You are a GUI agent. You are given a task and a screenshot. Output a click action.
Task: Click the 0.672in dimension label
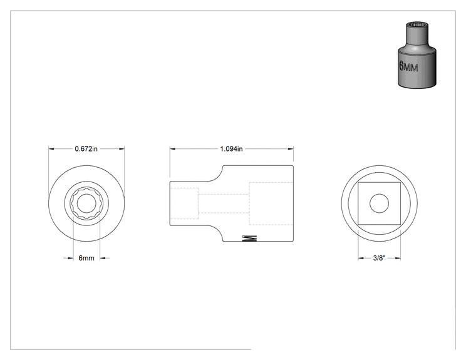pos(86,149)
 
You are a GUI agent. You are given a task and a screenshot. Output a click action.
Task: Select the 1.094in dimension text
pos(231,149)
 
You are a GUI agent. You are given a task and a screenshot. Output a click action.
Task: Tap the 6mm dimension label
pos(86,258)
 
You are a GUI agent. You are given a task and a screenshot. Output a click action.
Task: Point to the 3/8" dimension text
pos(379,258)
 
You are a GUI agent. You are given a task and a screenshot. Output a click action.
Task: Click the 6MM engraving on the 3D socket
pos(408,66)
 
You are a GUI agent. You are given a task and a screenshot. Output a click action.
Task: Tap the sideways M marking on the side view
pos(250,238)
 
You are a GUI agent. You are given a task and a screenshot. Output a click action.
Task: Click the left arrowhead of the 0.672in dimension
pos(51,149)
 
